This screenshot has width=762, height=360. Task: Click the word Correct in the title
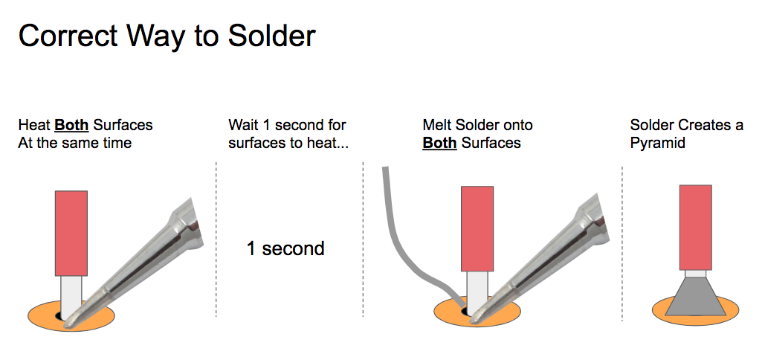[x=68, y=35]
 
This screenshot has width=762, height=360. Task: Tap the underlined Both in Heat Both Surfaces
[x=71, y=125]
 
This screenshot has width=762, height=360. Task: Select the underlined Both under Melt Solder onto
[x=439, y=143]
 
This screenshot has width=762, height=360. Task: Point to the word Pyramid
[x=657, y=144]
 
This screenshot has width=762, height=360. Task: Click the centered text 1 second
[x=285, y=248]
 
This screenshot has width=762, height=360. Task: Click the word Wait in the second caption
[x=242, y=125]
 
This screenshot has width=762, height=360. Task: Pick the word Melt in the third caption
[x=436, y=125]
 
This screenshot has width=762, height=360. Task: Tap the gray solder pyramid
[x=695, y=296]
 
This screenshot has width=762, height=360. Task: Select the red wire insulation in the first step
[x=71, y=233]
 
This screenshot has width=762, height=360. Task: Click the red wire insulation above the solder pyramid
[x=695, y=228]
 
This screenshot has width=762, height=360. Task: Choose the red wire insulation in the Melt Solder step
[x=477, y=228]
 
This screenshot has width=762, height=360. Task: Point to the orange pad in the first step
[x=44, y=316]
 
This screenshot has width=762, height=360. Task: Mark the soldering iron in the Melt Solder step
[x=544, y=263]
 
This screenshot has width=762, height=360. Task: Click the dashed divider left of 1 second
[x=216, y=240]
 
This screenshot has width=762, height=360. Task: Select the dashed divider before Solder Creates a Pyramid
[x=622, y=243]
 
